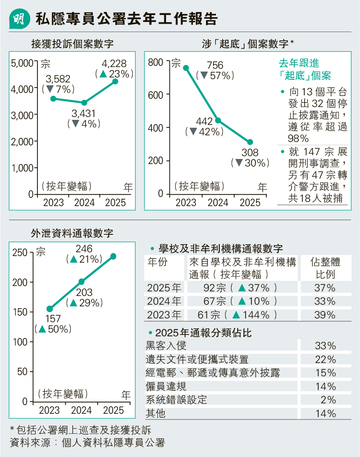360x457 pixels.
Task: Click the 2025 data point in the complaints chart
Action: (115, 82)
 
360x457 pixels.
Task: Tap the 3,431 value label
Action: (84, 113)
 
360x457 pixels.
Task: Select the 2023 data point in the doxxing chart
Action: (186, 68)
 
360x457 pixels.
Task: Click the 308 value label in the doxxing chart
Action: (250, 153)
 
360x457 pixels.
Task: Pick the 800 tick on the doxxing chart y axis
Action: (156, 63)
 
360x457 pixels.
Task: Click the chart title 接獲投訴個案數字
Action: (72, 44)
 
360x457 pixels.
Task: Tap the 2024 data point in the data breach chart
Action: (82, 282)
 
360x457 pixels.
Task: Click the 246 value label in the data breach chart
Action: (84, 249)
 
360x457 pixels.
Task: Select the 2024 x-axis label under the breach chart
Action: (82, 410)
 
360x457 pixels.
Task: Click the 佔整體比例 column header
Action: (325, 268)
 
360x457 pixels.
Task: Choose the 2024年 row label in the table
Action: (164, 301)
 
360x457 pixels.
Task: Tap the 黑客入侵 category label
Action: (166, 345)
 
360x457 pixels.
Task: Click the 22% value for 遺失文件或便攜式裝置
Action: (325, 359)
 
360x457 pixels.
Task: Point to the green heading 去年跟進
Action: (299, 63)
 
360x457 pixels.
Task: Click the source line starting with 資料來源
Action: (87, 442)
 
